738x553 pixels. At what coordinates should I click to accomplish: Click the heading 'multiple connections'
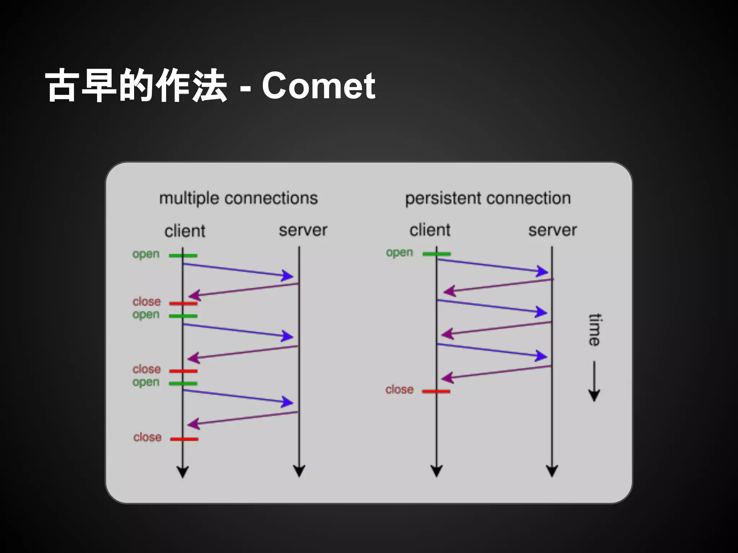click(239, 198)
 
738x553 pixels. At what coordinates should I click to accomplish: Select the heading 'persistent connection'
click(488, 198)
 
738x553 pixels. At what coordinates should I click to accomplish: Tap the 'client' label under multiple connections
click(185, 231)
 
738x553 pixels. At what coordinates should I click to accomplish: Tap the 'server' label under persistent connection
click(552, 230)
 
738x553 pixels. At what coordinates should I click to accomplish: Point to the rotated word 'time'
click(595, 329)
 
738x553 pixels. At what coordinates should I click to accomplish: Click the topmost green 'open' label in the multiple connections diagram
click(146, 254)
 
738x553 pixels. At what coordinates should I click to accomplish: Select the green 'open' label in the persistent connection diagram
click(399, 252)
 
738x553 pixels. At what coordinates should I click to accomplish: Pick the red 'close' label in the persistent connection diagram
click(399, 390)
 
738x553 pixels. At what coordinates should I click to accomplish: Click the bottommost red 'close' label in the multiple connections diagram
click(147, 437)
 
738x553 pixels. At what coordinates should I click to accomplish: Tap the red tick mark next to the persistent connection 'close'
click(436, 391)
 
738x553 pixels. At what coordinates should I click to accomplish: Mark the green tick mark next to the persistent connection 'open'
click(436, 254)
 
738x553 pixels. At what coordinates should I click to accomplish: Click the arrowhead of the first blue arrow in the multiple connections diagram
click(288, 276)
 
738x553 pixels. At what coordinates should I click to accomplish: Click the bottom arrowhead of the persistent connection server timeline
click(552, 471)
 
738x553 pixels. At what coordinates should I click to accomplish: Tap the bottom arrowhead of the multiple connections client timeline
click(183, 472)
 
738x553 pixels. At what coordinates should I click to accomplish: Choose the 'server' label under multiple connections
click(303, 230)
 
